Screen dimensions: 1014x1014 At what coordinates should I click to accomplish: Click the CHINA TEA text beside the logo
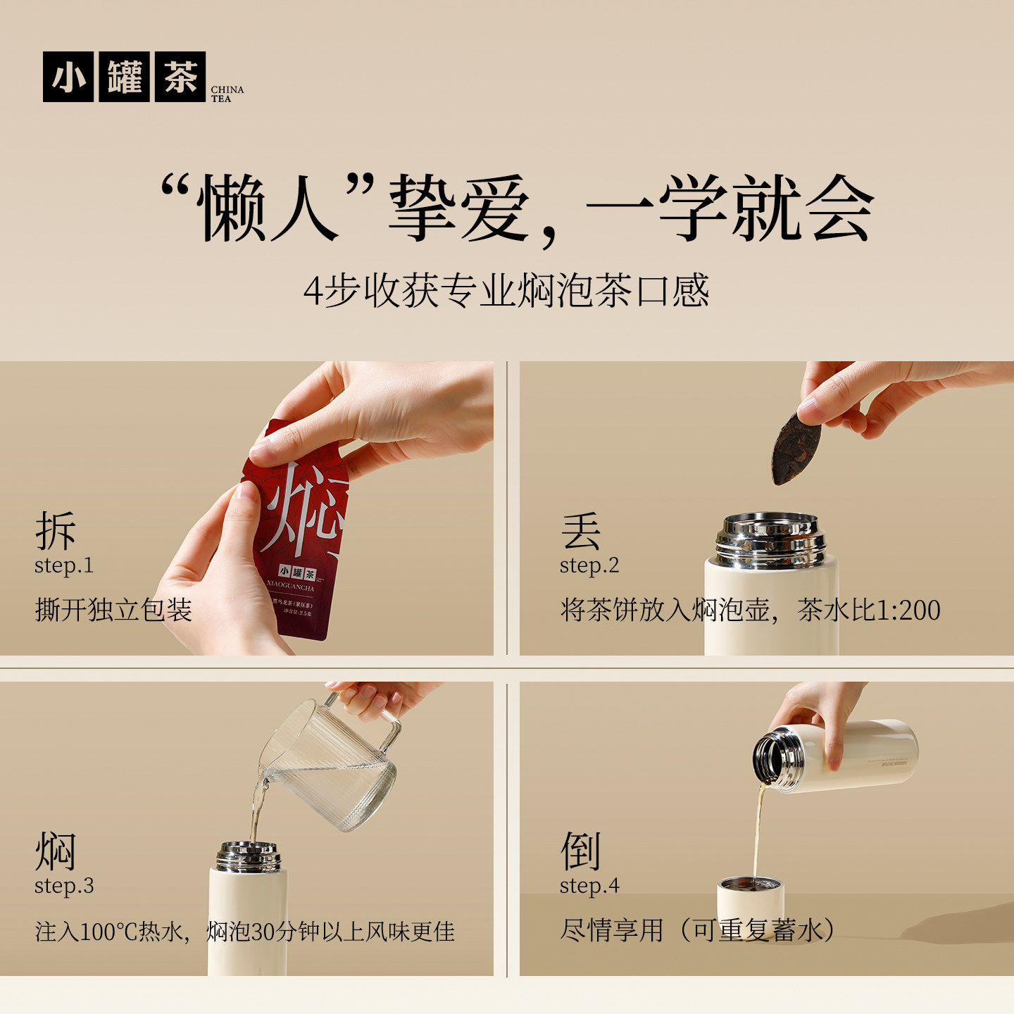(x=227, y=94)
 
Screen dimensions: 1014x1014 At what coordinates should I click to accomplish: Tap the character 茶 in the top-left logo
(x=180, y=77)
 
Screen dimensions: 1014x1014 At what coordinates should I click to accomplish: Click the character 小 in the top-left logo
(x=68, y=77)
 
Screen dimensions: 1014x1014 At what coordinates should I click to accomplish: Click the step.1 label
(x=64, y=565)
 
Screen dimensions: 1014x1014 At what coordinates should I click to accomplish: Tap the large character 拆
(x=56, y=531)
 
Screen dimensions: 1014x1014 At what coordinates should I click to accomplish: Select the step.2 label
(x=589, y=565)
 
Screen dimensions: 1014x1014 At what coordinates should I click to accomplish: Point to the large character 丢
(x=581, y=531)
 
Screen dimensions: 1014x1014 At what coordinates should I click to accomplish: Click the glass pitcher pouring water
(x=331, y=768)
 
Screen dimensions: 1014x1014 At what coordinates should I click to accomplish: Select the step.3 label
(x=64, y=886)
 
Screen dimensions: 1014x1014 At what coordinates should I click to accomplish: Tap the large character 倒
(x=581, y=851)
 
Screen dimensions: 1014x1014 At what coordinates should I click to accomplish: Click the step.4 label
(x=589, y=886)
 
